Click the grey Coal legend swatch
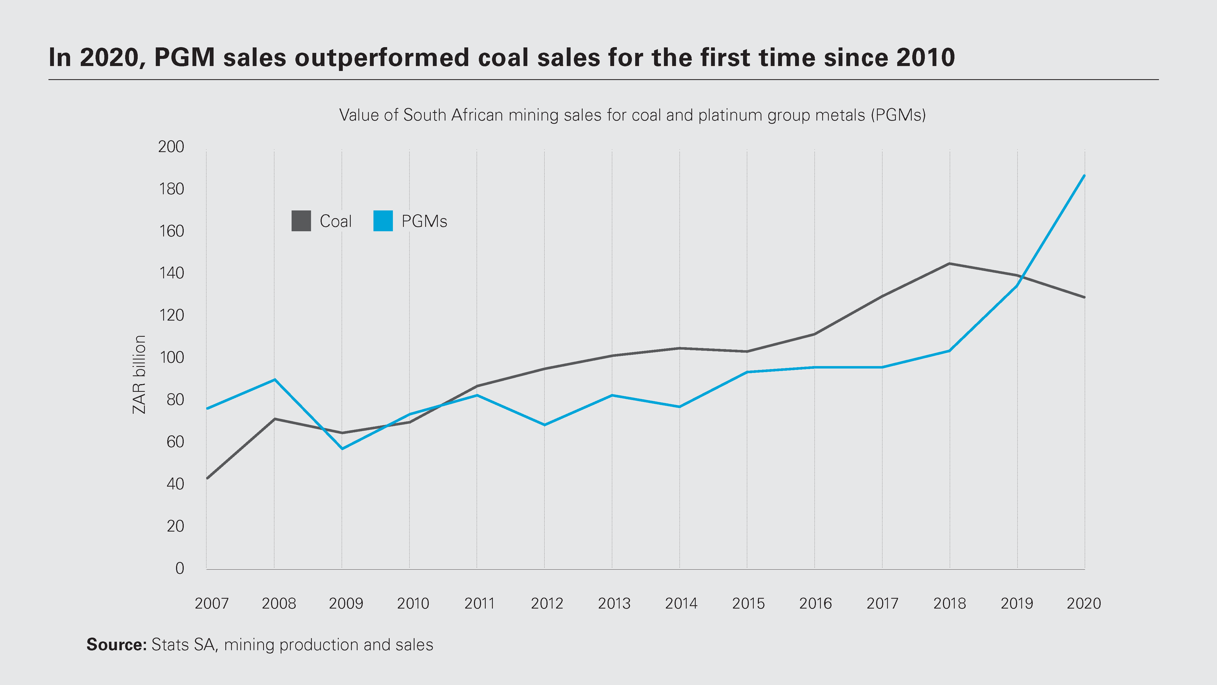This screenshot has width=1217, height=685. (301, 221)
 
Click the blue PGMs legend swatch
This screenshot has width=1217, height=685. (383, 221)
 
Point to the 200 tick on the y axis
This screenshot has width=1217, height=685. (171, 147)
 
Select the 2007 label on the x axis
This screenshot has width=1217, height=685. (212, 604)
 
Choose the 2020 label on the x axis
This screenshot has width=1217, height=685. (1084, 604)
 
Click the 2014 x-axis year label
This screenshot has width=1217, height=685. (681, 604)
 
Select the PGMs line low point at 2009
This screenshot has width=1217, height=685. (342, 448)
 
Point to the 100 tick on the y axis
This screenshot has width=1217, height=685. (171, 357)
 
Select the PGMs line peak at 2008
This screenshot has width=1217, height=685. (275, 379)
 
